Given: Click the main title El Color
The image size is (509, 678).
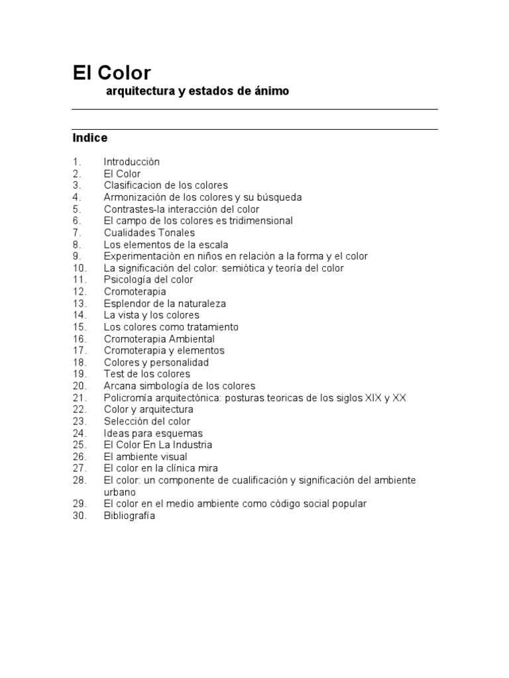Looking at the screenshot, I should pos(112,72).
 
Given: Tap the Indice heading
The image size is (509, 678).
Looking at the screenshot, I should pos(89,138).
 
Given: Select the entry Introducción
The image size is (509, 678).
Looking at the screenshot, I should pos(131,162).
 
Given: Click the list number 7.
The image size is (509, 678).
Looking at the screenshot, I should pos(77,232).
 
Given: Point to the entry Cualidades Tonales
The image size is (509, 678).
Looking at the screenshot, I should pos(149,232).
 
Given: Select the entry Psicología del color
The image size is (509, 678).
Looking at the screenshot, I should pos(148,279).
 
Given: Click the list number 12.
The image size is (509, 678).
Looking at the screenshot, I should pos(80,291).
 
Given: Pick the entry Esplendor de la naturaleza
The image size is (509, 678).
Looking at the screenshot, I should pos(164,303).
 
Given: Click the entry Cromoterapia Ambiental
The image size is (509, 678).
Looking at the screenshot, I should pos(159,339).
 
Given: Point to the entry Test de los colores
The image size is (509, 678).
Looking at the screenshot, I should pos(146,374).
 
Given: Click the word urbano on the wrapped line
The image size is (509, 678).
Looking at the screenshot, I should pos(119,492).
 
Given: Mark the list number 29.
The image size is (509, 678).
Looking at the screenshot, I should pos(80,504).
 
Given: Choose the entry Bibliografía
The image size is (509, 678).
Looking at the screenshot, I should pos(129,516).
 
